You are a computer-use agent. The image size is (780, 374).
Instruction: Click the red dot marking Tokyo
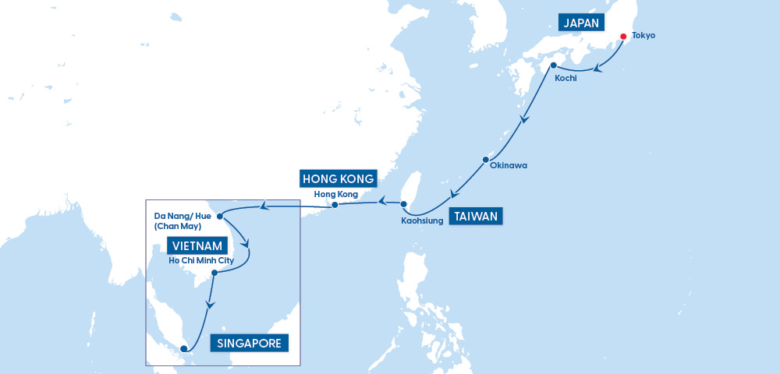tap(623, 37)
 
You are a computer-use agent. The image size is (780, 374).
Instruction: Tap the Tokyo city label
tap(643, 36)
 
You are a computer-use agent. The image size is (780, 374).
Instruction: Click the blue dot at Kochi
tap(553, 65)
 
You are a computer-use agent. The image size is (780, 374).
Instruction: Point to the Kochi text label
tap(565, 79)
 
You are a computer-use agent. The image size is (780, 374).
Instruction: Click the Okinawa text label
tap(509, 165)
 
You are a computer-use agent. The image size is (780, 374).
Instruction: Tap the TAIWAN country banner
tap(476, 216)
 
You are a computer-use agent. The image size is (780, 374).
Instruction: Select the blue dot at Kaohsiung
tap(404, 205)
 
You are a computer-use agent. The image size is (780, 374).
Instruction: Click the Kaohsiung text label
tap(423, 221)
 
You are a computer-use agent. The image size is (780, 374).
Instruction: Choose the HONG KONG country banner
tap(339, 178)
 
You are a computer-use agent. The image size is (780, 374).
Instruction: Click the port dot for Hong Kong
tap(334, 205)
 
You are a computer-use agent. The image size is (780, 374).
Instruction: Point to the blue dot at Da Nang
tap(221, 215)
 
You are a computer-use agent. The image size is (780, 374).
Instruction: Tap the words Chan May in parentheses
tap(179, 226)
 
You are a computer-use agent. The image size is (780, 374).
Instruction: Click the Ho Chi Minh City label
tap(201, 260)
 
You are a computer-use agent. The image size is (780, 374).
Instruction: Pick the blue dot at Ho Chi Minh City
tap(214, 272)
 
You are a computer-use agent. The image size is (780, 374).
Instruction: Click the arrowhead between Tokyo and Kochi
tap(598, 69)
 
